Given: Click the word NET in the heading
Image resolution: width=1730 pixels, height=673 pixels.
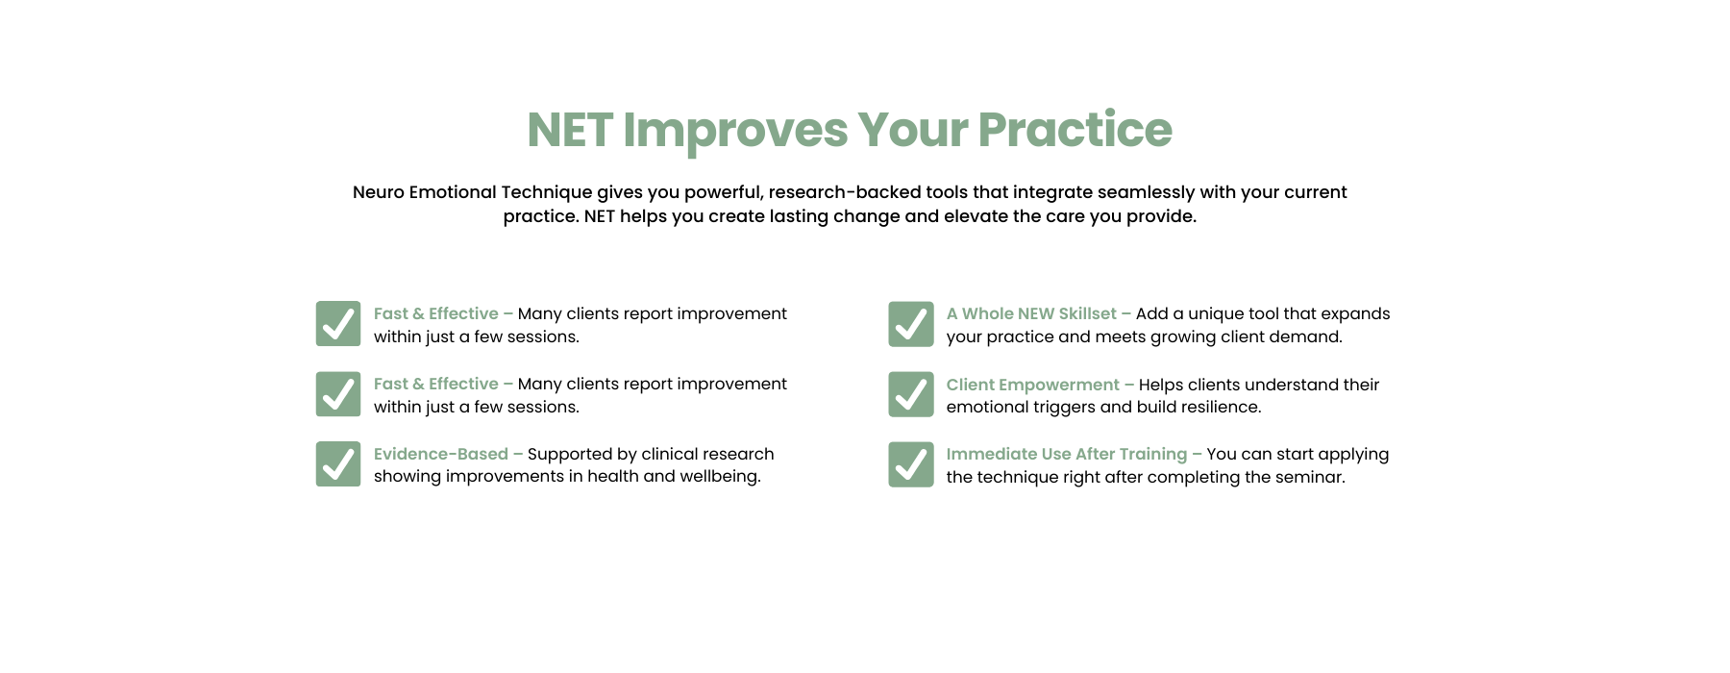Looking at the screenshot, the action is (570, 130).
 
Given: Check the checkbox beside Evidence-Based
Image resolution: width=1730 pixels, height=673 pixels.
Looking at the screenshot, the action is (338, 464).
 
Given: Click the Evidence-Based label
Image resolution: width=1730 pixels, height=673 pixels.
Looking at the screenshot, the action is (441, 454).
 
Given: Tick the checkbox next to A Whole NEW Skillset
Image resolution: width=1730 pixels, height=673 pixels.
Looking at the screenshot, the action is (911, 324).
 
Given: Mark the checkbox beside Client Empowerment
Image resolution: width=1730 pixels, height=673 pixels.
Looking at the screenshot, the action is (911, 394).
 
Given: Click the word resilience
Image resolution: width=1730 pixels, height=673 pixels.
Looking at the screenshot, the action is (1219, 407).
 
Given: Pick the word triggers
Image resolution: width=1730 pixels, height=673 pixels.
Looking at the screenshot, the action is (1062, 408).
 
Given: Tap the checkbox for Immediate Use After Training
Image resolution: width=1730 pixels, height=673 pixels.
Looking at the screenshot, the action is (911, 464).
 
